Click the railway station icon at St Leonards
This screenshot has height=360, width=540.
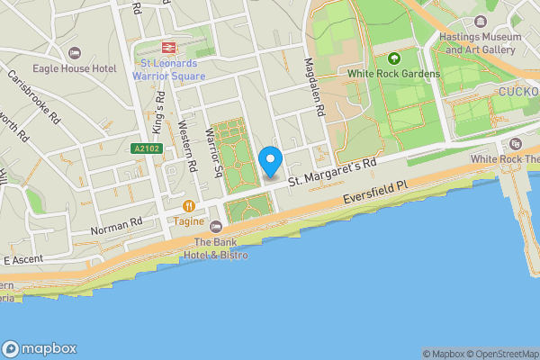(167, 47)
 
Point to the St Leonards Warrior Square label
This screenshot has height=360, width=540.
(168, 69)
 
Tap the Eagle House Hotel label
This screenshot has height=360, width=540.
(75, 68)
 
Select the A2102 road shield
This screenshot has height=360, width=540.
(145, 148)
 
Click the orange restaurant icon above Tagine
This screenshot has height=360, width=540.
(189, 205)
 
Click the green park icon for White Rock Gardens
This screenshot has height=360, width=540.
(392, 58)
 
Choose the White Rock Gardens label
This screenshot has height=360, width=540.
(394, 73)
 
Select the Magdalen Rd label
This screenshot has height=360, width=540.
(314, 86)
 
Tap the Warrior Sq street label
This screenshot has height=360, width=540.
(213, 150)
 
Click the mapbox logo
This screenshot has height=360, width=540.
(40, 349)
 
